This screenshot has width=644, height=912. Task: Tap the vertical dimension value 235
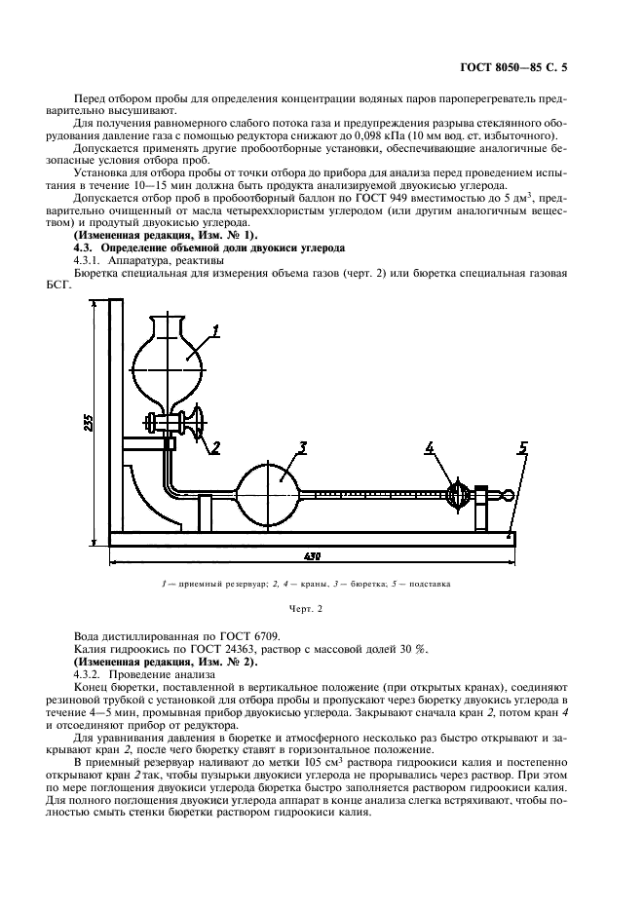click(x=89, y=421)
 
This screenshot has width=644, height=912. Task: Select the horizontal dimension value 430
click(x=312, y=556)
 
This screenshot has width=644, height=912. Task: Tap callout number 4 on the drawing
click(x=430, y=448)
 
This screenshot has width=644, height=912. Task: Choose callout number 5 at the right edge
click(x=522, y=448)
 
